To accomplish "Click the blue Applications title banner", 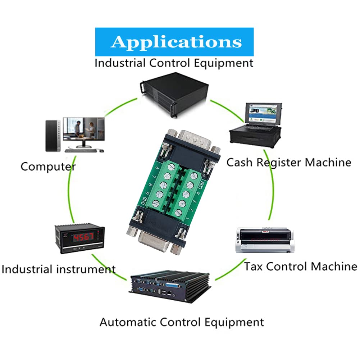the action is [x=174, y=42].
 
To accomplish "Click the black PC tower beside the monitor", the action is [x=53, y=136].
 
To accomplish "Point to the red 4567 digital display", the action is [x=83, y=237].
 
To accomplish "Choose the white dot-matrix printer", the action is [x=265, y=240].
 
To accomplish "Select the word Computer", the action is [x=48, y=167].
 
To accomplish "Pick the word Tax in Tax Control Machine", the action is [x=253, y=266].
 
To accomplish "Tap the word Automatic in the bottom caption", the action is [x=128, y=322].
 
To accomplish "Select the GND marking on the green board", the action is [x=143, y=201].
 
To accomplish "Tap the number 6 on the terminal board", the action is [x=158, y=168].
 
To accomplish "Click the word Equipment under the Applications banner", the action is [x=224, y=63].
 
